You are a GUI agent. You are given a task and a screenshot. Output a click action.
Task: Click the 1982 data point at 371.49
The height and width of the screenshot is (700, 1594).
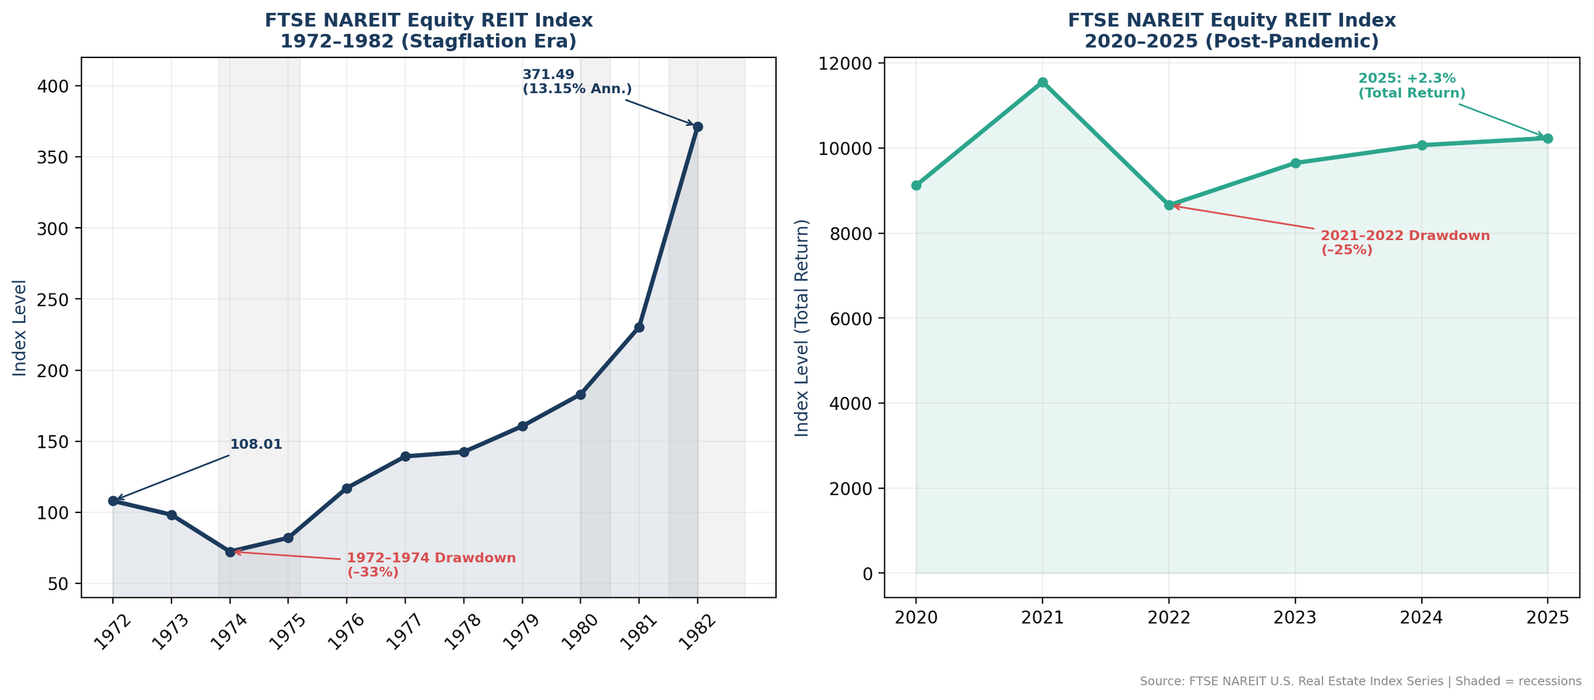tap(698, 127)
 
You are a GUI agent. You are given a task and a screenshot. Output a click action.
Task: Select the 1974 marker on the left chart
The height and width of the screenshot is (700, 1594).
tap(230, 552)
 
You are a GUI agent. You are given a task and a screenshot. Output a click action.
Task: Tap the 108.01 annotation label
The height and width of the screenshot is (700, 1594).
tap(256, 445)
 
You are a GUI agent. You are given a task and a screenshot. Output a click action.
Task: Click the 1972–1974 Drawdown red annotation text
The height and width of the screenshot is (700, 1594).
tap(431, 565)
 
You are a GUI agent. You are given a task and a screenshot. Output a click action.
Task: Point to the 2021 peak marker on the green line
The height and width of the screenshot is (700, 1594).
tap(1042, 82)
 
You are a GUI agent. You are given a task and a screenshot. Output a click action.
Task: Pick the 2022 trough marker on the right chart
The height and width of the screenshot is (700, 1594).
tap(1169, 205)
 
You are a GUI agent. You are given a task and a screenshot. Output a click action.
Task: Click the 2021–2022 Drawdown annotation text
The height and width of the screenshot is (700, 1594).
tap(1405, 243)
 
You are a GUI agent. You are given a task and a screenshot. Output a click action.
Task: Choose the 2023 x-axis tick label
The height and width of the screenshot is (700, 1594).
tap(1295, 618)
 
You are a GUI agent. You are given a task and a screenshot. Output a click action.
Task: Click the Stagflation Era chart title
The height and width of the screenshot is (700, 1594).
tap(428, 31)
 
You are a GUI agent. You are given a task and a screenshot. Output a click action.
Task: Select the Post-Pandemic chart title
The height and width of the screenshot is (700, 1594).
tap(1232, 31)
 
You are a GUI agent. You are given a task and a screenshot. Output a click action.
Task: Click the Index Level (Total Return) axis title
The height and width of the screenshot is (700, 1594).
tap(801, 328)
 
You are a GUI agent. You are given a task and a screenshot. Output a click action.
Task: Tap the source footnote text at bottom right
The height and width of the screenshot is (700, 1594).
tap(1360, 681)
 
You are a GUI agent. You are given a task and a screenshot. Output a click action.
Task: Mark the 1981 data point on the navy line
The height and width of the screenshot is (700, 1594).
tap(639, 327)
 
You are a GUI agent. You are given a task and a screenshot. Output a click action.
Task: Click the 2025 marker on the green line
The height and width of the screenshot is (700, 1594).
tap(1547, 138)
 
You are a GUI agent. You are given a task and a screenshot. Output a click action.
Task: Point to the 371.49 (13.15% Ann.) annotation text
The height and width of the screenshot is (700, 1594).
tap(576, 82)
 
